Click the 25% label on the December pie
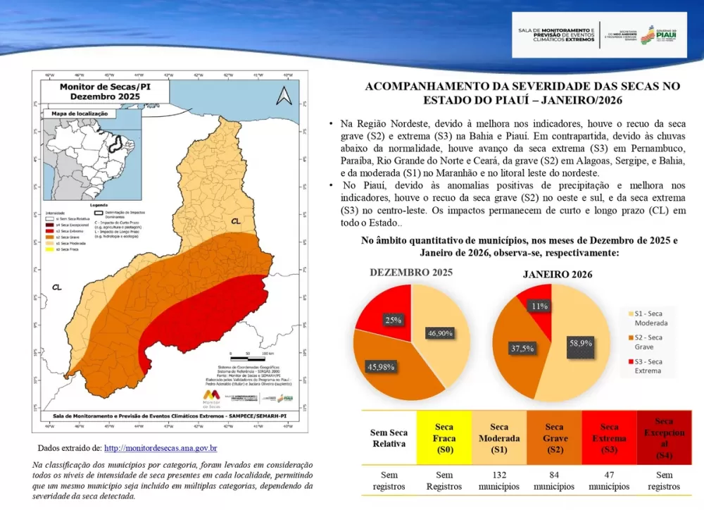click(x=394, y=320)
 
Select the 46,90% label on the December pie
click(x=439, y=333)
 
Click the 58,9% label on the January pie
click(x=581, y=343)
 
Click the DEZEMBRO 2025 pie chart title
click(x=411, y=272)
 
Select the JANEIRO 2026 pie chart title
click(x=557, y=274)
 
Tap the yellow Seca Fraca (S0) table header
click(x=444, y=438)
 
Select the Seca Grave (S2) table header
click(x=554, y=438)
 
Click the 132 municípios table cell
click(x=499, y=480)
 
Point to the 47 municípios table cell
click(x=609, y=480)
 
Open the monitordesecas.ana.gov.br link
click(x=161, y=448)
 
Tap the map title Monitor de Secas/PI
click(x=89, y=91)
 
